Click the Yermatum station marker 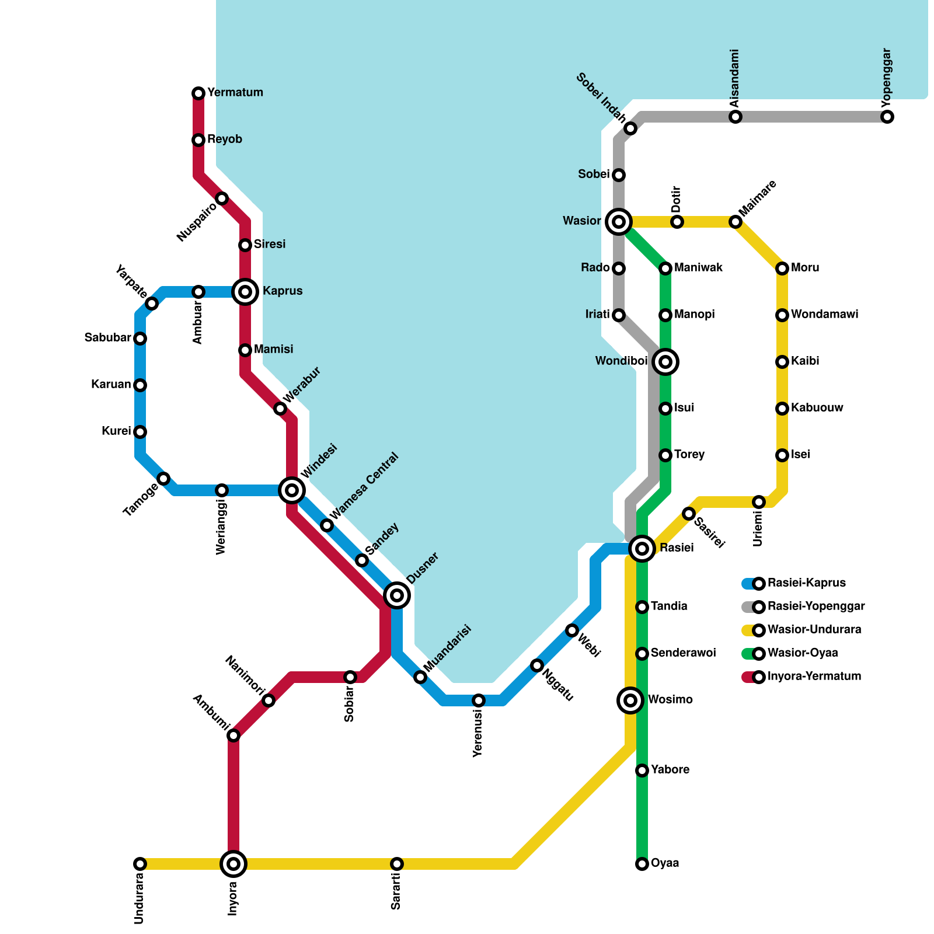point(198,93)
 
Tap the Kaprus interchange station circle point(245,292)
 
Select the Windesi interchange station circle point(292,490)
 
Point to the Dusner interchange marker point(397,595)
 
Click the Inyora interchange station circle point(233,864)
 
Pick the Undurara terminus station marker point(140,864)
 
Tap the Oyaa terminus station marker point(642,864)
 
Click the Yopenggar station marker point(887,117)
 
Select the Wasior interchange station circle point(619,222)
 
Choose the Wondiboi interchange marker point(665,362)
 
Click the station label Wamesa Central point(364,486)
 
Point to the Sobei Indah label point(601,99)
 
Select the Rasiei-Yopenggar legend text point(815,607)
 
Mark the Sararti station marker point(397,864)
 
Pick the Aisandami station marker point(736,117)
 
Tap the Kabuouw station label point(817,408)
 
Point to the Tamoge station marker point(164,479)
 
